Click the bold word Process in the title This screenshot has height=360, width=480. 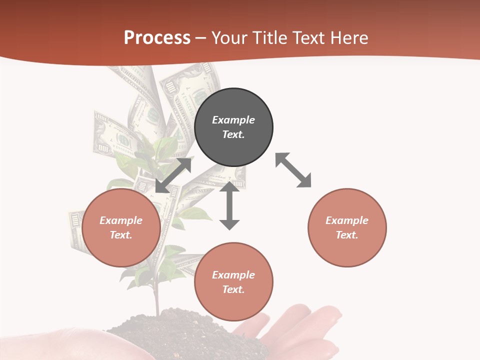[157, 38]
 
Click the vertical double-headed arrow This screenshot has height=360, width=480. [229, 205]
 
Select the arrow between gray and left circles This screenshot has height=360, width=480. [173, 175]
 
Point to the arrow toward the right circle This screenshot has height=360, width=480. [293, 170]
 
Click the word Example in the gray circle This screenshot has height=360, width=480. [233, 120]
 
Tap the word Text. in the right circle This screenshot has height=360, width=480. [347, 235]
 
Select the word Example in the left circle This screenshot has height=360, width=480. [121, 220]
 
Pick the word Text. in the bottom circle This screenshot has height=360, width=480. [233, 289]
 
